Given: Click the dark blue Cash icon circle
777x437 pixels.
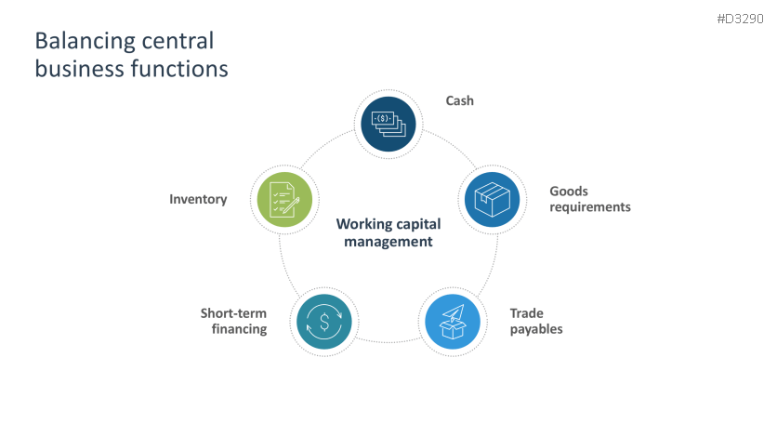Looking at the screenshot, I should click(388, 123).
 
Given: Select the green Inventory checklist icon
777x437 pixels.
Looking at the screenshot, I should click(285, 199).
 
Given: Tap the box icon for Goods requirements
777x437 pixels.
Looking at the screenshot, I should click(493, 199).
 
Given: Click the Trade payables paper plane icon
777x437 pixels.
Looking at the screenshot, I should click(453, 321).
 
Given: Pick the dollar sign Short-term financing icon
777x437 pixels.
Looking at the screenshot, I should click(323, 322).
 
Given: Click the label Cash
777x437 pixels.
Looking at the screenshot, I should click(459, 100).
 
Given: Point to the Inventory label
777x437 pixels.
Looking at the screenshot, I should click(198, 199).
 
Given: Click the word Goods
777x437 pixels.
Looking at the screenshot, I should click(569, 191).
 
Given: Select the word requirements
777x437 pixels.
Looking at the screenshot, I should click(590, 206).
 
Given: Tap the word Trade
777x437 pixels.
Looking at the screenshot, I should click(526, 313).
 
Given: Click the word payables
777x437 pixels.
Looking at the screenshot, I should click(536, 329).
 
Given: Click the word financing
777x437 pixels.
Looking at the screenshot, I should click(240, 329).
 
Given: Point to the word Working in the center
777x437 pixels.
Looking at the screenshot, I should click(362, 224).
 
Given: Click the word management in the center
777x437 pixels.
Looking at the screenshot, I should click(388, 242).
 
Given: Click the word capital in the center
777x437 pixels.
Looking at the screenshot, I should click(416, 224).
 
